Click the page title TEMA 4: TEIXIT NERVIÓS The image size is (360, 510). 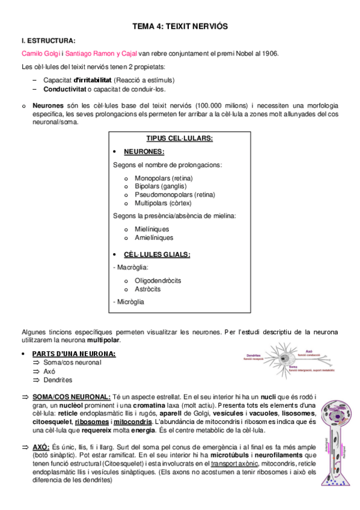click(x=180, y=26)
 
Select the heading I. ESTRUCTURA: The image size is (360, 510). click(x=49, y=41)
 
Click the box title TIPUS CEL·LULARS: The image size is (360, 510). click(x=180, y=138)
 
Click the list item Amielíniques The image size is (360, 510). click(x=155, y=238)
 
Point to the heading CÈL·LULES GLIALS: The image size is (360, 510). click(x=157, y=254)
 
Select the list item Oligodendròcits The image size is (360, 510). click(x=158, y=280)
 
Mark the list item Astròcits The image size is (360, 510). click(x=148, y=289)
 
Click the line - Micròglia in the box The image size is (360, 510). click(x=129, y=301)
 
